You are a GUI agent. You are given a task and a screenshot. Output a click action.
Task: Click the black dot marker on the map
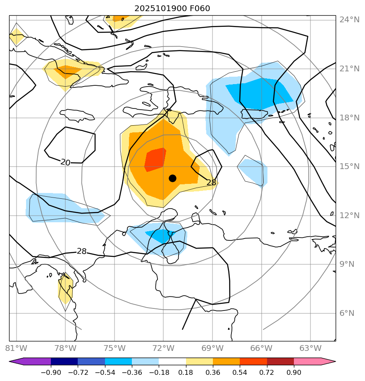(172, 178)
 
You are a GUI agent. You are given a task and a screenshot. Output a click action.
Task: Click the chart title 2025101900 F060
(175, 9)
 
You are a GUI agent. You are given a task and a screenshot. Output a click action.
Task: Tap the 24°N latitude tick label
(349, 20)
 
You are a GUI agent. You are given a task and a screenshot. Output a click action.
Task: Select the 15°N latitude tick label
(349, 167)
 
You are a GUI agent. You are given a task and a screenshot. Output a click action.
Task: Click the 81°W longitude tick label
(16, 348)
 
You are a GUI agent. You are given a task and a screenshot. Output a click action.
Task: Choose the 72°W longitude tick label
(163, 348)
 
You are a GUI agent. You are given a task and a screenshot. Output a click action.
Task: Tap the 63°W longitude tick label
(310, 348)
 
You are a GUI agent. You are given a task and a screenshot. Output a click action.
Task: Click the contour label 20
(65, 162)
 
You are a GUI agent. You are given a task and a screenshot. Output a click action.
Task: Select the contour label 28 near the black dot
(211, 182)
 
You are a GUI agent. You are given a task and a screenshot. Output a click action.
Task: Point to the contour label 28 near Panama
(81, 251)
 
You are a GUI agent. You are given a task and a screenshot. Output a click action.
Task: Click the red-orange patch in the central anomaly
(155, 159)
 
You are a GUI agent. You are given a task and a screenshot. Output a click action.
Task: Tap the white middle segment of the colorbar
(172, 362)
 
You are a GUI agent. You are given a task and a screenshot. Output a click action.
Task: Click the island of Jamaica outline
(77, 115)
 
